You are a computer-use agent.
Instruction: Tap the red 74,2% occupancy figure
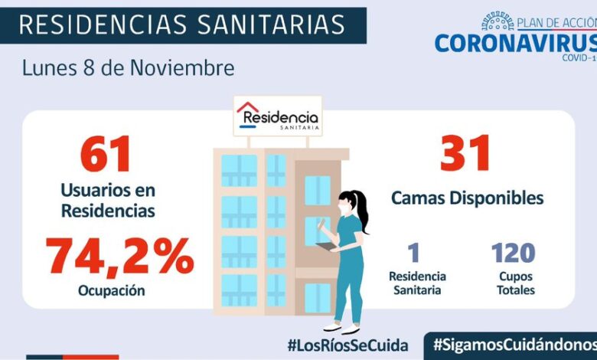[x=120, y=257]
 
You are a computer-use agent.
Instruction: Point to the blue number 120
[x=513, y=253]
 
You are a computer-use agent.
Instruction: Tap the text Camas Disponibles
[x=467, y=198]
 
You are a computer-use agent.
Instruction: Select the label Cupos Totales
[x=514, y=283]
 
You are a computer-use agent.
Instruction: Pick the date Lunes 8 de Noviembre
[x=128, y=67]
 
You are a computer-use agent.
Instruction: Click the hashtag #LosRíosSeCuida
[x=347, y=345]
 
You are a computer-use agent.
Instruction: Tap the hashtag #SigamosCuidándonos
[x=514, y=345]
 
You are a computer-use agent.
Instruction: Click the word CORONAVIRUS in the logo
[x=514, y=42]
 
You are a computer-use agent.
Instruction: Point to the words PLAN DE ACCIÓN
[x=556, y=23]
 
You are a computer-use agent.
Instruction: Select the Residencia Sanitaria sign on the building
[x=278, y=116]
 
